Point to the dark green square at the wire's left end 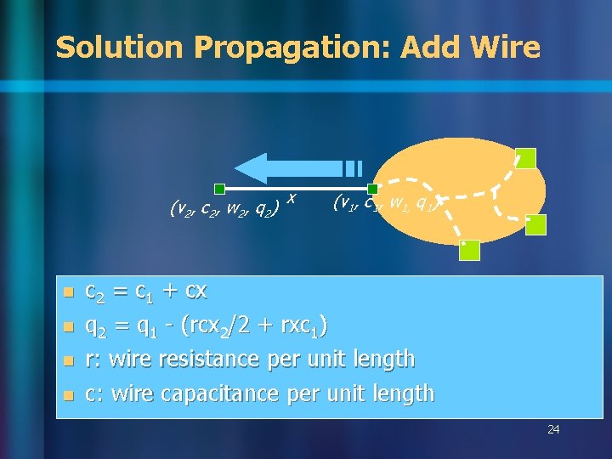click(x=219, y=189)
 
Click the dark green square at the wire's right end click(x=372, y=189)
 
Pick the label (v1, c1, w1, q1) click(x=387, y=202)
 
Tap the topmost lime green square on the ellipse click(x=526, y=158)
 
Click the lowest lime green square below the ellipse click(x=469, y=250)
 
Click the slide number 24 click(x=553, y=429)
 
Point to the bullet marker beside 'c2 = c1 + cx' click(x=69, y=292)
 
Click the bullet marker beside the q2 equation click(x=69, y=326)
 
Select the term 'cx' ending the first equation click(x=195, y=292)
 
